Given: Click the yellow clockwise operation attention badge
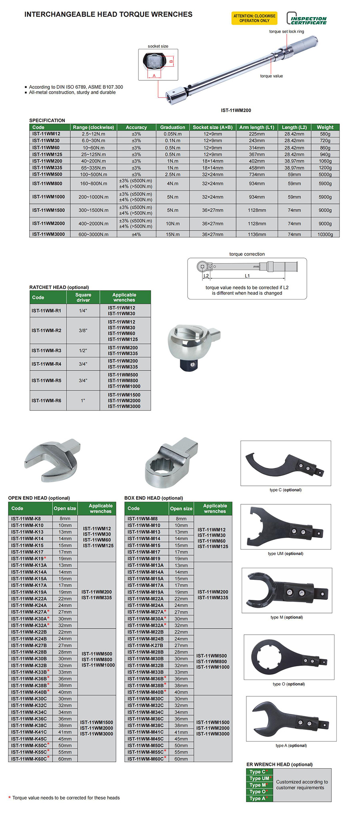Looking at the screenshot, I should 254,18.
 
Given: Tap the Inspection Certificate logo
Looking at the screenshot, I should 307,19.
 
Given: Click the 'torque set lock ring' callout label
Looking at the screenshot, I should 286,32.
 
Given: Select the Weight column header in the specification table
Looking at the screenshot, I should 325,127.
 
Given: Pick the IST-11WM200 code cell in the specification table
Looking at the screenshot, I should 47,161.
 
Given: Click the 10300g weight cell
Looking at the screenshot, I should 325,234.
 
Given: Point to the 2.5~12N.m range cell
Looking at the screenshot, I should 93,134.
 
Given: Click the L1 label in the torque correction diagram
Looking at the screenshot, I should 247,276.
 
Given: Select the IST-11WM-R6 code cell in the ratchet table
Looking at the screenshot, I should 46,400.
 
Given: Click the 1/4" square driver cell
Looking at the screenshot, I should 83,311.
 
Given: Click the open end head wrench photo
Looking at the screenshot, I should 52,460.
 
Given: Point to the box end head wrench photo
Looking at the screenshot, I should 171,462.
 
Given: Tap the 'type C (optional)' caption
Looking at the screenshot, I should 285,490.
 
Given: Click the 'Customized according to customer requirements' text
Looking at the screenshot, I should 302,785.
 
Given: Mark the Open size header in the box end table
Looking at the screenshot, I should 181,509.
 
